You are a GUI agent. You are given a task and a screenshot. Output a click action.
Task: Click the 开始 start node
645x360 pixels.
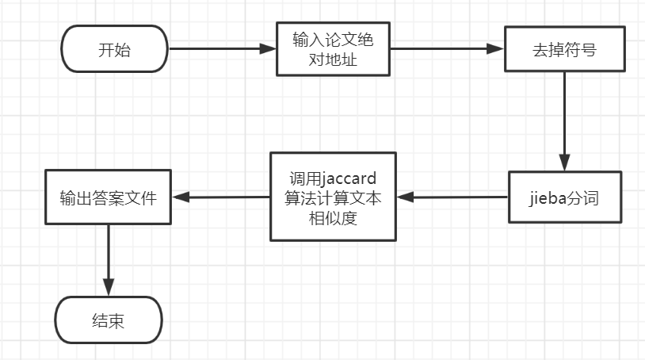click(114, 49)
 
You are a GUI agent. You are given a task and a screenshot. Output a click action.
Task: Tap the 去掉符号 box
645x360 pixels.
click(564, 49)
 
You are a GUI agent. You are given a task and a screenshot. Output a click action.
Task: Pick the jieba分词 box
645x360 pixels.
click(564, 197)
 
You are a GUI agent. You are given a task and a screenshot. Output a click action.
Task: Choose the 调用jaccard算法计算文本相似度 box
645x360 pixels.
click(332, 197)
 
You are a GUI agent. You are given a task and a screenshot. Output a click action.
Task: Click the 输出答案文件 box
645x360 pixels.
click(108, 197)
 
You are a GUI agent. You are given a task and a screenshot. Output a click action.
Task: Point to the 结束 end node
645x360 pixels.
click(108, 321)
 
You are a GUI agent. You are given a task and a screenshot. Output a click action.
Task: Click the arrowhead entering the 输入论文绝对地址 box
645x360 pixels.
click(268, 49)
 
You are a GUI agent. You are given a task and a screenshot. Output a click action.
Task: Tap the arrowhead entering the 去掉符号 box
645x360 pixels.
click(497, 49)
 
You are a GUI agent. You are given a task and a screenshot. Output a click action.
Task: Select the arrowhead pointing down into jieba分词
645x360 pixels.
click(564, 163)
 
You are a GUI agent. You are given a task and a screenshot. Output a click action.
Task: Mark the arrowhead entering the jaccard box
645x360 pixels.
click(404, 197)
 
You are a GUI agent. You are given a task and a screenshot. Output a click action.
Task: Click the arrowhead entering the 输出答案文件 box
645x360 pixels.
click(179, 197)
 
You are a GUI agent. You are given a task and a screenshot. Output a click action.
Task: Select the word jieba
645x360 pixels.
click(547, 197)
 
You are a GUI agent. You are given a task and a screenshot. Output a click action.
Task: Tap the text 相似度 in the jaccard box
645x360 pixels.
click(332, 218)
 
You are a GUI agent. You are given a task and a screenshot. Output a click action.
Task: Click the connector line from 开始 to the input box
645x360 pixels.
click(214, 49)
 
